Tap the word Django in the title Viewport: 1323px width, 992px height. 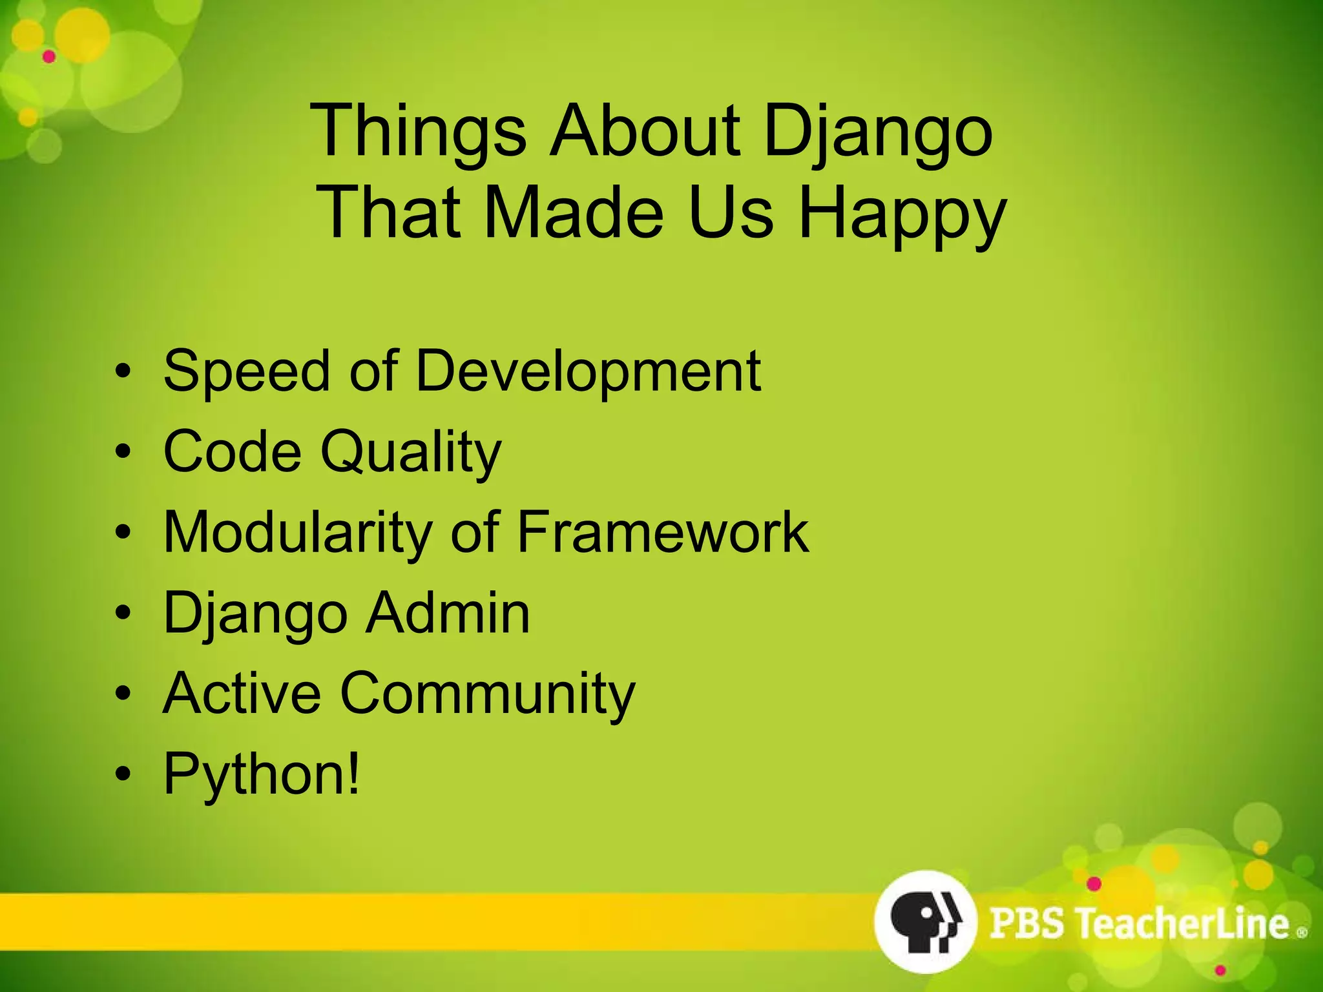[x=877, y=132]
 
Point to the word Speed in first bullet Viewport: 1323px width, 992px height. [x=246, y=371]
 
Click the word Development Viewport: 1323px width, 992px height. [x=588, y=371]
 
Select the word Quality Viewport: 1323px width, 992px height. [x=411, y=452]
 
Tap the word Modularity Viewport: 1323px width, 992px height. [x=298, y=532]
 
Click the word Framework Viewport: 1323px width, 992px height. [x=663, y=532]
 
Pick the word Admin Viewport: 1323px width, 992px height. [x=448, y=613]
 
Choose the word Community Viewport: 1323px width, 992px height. [x=488, y=694]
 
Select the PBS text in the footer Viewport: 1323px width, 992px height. [x=1026, y=923]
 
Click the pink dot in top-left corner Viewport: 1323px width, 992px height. [x=49, y=57]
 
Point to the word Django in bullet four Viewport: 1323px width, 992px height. [x=256, y=614]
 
